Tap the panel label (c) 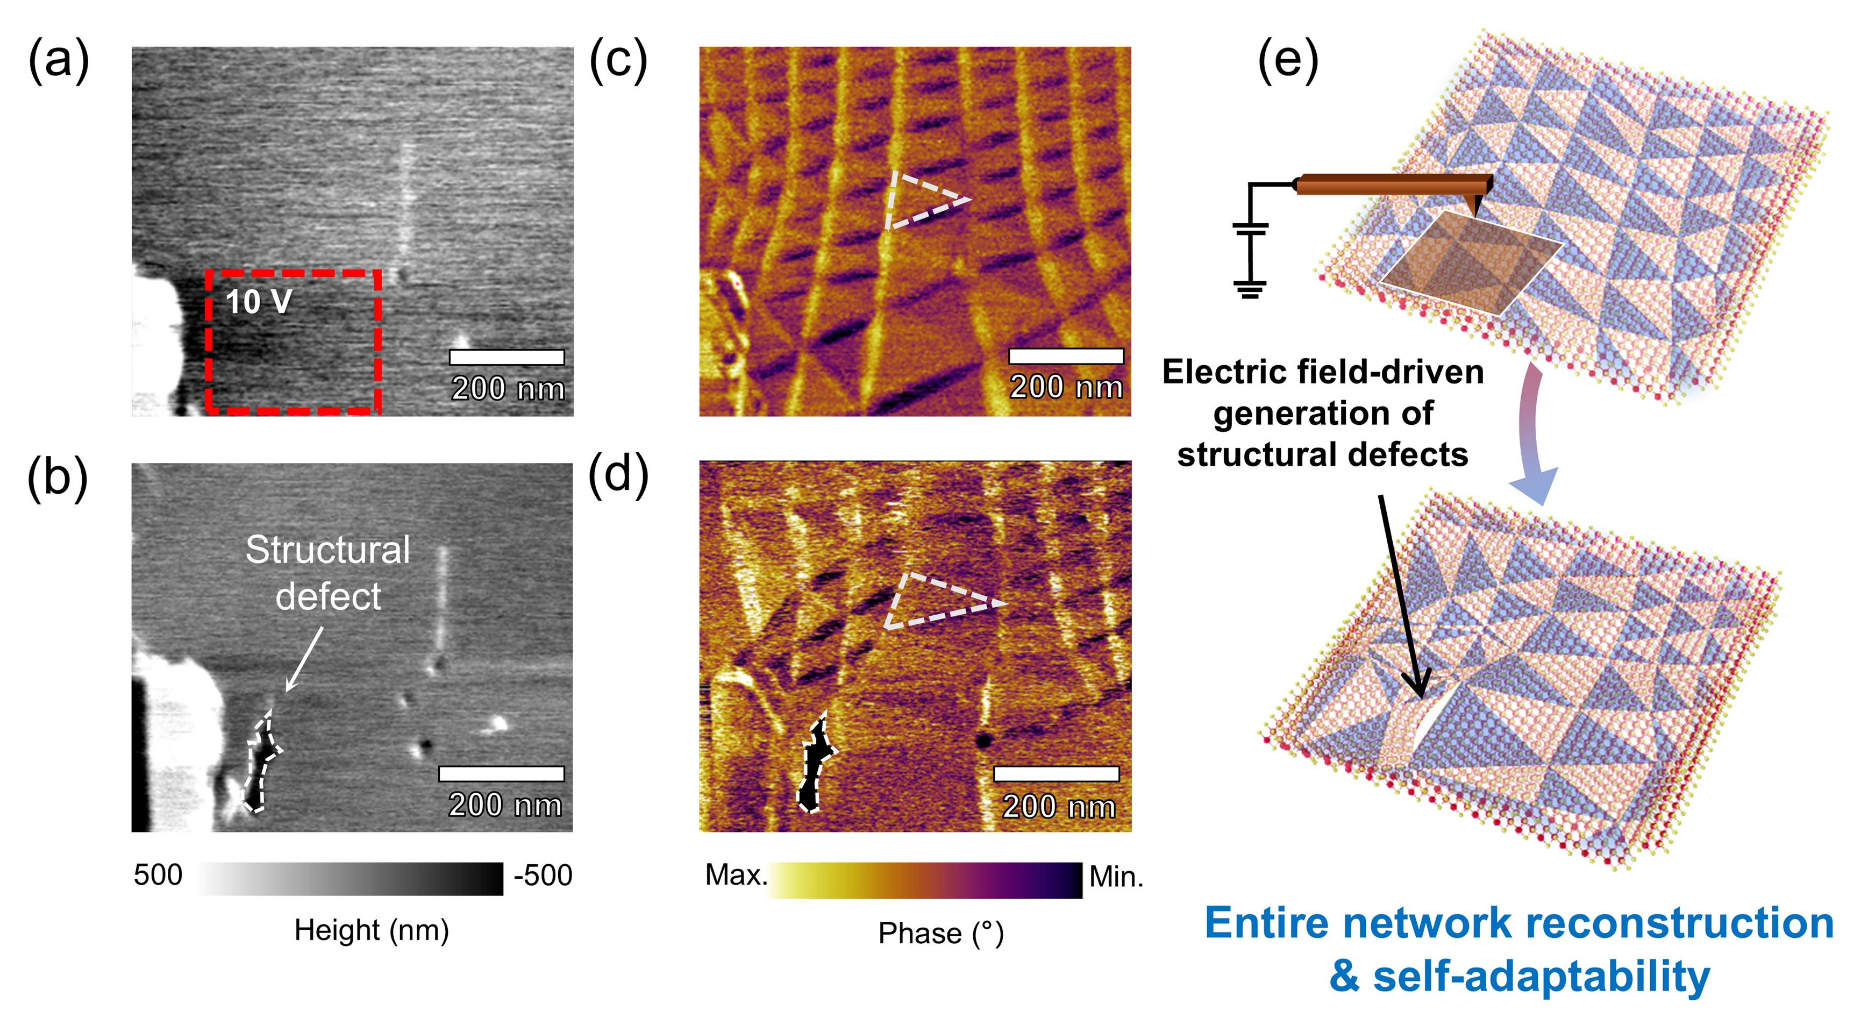pos(618,61)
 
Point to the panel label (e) pos(1288,61)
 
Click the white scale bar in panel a pos(507,357)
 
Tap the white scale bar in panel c pos(1066,355)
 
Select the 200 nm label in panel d pos(1058,806)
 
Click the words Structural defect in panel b pos(328,572)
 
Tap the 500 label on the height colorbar pos(158,875)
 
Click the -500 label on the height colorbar pos(543,875)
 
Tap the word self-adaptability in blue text pos(1541,976)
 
